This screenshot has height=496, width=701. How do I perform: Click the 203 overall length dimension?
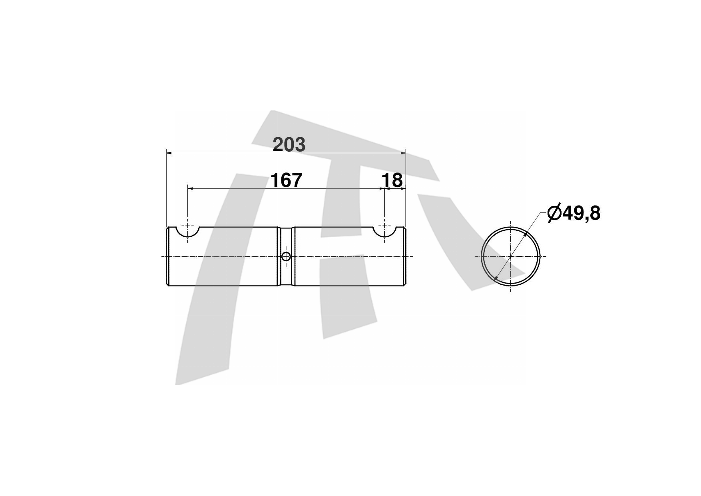pos(289,144)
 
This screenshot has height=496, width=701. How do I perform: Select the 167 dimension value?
pos(287,180)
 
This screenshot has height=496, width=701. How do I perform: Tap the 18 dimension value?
pos(392,180)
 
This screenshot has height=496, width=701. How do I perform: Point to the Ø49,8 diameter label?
pos(574,213)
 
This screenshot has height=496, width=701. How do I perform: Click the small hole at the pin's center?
pos(286,256)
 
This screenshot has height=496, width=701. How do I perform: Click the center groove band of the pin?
pos(286,256)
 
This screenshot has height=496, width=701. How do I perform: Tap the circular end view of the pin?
pos(510,256)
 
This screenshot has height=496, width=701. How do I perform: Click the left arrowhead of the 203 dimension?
pos(169,152)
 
